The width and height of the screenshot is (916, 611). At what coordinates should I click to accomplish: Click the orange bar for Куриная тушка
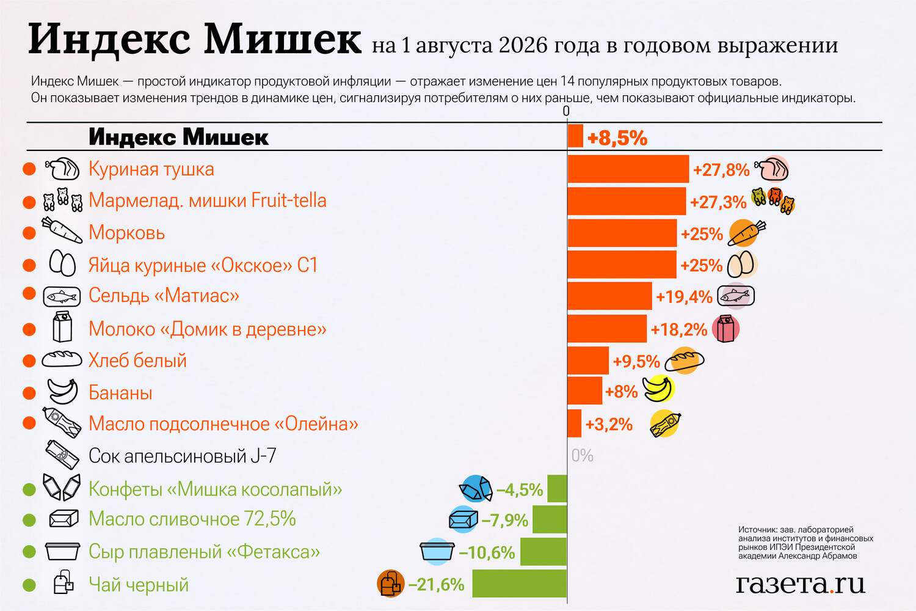[x=628, y=169]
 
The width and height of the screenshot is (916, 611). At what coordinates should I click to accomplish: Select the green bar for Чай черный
[x=519, y=583]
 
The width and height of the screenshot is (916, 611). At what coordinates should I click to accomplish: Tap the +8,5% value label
[x=617, y=138]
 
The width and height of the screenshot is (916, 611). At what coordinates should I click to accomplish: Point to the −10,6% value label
[x=487, y=552]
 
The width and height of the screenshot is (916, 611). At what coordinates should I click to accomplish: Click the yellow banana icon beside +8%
[x=658, y=389]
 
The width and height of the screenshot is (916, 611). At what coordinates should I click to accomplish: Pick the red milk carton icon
[x=725, y=329]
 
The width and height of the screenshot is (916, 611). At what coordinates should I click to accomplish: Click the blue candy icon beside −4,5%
[x=476, y=488]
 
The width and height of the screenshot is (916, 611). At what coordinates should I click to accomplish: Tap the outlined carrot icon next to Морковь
[x=62, y=230]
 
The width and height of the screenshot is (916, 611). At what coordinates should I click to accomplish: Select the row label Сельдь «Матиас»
[x=164, y=296]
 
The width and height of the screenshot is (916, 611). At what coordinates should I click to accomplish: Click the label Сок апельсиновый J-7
[x=183, y=455]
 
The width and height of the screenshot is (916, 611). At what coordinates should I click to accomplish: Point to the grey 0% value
[x=583, y=455]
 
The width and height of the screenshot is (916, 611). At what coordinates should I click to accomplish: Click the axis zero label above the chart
[x=566, y=111]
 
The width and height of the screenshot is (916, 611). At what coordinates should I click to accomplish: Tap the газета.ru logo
[x=801, y=584]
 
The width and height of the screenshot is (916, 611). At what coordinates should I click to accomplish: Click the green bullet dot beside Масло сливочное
[x=29, y=520]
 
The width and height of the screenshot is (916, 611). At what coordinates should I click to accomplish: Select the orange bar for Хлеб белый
[x=588, y=360]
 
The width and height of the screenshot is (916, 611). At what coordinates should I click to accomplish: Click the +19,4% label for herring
[x=684, y=297]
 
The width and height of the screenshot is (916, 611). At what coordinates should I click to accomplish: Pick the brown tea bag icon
[x=391, y=584]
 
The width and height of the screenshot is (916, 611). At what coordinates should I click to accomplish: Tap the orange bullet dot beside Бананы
[x=29, y=393]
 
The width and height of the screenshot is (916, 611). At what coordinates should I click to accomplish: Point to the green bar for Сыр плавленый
[x=543, y=552]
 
